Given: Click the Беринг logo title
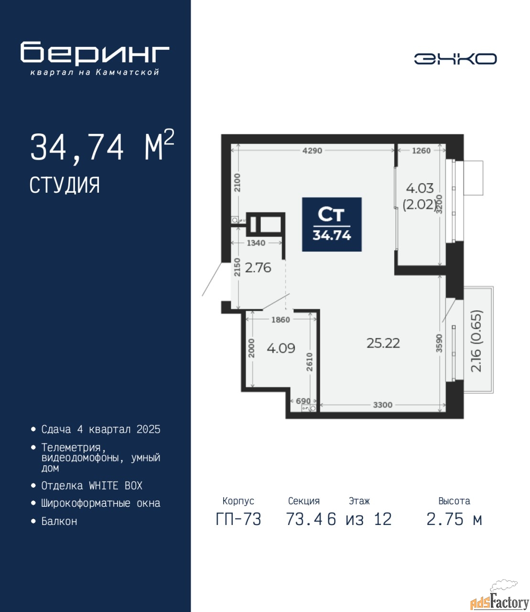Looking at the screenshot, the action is coord(95,54).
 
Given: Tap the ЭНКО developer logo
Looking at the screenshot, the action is coord(455,59).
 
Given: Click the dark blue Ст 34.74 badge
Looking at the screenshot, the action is coord(332,224).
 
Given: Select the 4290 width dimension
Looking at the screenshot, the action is coord(312,151).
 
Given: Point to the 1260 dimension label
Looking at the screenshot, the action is coord(421,151).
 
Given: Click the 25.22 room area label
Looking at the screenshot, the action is coord(383,343).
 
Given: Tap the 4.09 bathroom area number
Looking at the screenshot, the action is coord(281,348).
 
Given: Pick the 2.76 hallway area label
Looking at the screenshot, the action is coord(258,268).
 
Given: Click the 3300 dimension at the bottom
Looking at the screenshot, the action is coord(383,404).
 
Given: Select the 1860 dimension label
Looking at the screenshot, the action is coord(281,319).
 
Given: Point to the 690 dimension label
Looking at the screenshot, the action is coord(303,401).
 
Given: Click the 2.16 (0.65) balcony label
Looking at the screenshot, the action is coord(476,341).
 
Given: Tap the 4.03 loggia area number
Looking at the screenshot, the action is coord(420,188).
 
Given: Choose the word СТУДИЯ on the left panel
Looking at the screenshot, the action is coord(65,186).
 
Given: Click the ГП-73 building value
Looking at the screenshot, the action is coord(238,519).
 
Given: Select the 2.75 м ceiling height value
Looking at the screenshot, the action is coord(454,519).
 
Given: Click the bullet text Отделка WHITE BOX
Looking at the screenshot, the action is coord(92,486).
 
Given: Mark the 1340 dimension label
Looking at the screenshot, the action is coord(256,243).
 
